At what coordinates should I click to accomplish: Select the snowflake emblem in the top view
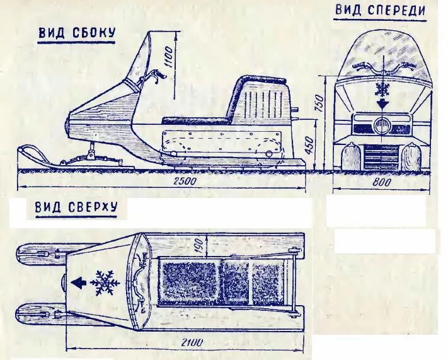coord(105,283)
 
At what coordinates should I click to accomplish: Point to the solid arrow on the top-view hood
coord(80,283)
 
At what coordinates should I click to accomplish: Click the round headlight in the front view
coord(381,125)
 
